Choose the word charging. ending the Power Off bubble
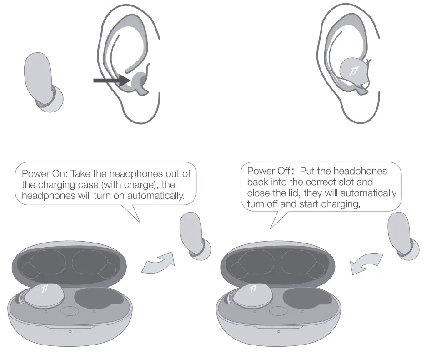click(343, 204)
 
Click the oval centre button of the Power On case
click(69, 312)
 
